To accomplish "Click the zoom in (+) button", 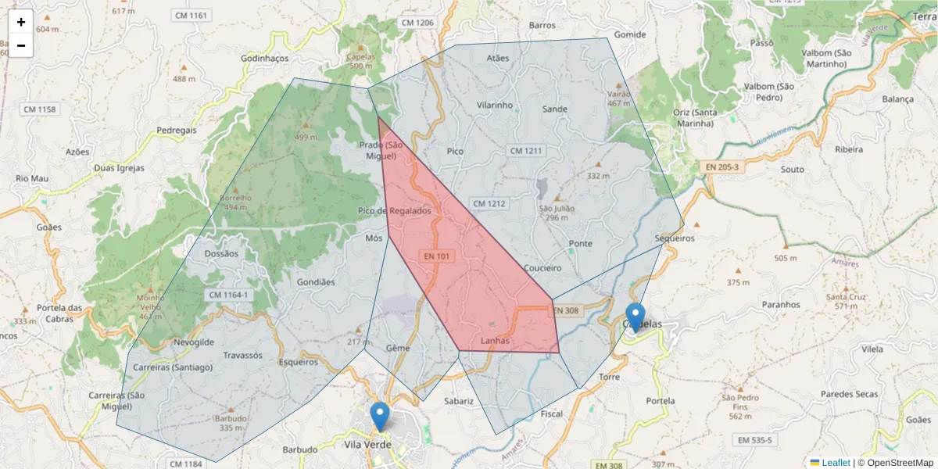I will tap(21, 21).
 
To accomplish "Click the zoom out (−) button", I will tap(21, 45).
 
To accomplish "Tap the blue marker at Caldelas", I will tap(635, 317).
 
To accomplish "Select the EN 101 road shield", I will tap(438, 256).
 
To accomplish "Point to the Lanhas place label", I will tap(495, 341).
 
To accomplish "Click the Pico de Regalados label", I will tap(394, 211).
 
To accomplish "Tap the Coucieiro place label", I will tap(542, 268).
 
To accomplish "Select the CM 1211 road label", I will tap(526, 150).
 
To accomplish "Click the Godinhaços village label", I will tap(265, 59).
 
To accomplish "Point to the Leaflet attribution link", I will tap(836, 463).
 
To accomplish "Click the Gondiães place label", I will tap(316, 282).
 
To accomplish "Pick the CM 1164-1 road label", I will tap(229, 295).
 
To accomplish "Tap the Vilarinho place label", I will tap(494, 105).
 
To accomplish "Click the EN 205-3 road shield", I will tap(721, 166).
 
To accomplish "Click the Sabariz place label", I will tap(459, 401).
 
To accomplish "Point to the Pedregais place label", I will tap(177, 130).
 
